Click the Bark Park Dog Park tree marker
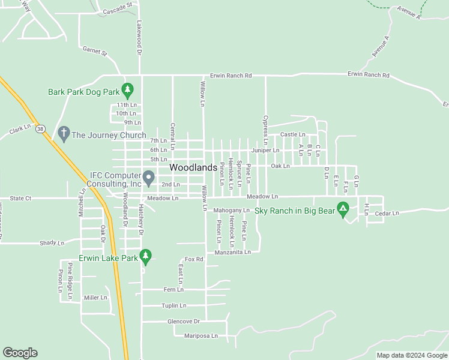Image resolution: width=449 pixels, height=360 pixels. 127,90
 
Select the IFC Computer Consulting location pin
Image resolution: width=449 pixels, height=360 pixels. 149,178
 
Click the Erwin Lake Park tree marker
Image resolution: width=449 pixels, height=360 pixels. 145,256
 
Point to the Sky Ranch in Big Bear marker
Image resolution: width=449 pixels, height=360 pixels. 343,209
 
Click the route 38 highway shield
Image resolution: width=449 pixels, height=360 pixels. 40,128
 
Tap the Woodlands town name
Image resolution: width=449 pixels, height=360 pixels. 193,168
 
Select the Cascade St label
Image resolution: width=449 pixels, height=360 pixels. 118,10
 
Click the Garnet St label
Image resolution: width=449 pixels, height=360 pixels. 94,52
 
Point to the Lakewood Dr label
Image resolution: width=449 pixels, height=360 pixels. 139,36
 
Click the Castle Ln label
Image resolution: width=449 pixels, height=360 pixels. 293,134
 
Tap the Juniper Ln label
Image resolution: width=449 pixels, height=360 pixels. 265,150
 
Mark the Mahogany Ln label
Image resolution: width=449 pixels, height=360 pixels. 231,211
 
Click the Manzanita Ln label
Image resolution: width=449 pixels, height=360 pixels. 228,253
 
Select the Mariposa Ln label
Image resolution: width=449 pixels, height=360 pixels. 201,335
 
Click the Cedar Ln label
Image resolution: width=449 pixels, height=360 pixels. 387,213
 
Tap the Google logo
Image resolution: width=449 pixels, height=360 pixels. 20,353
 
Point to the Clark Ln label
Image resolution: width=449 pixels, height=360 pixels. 20,130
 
